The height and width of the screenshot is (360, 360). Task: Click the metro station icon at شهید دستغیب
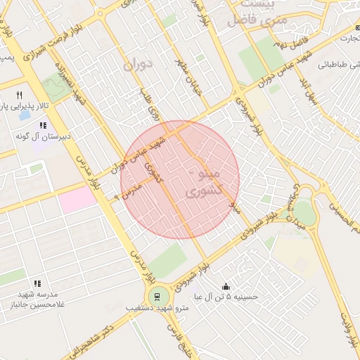coord(155,296)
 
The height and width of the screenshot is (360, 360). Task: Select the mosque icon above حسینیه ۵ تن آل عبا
coord(226,286)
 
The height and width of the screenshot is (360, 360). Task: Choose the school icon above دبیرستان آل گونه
coord(43,125)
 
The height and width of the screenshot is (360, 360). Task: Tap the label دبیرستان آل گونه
coord(43,136)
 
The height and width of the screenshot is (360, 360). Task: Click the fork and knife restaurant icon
coord(19,95)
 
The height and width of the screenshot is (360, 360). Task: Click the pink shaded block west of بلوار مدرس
coord(77,200)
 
